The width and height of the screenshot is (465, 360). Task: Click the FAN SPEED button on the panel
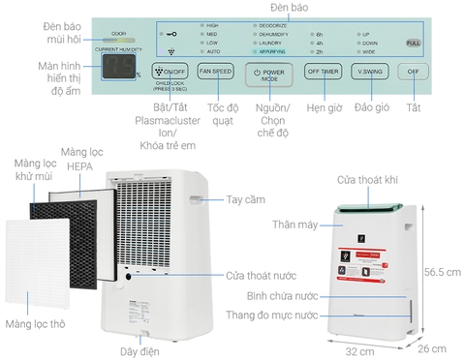pos(214,72)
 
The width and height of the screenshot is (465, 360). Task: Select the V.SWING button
pos(367,72)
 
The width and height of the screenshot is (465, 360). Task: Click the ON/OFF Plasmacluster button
pos(170,72)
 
